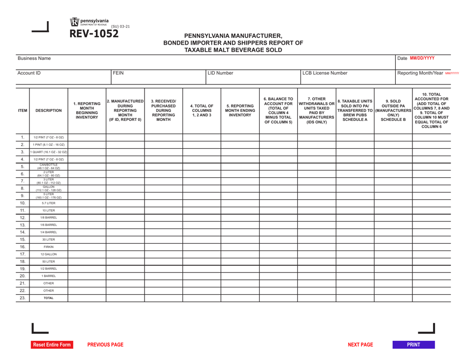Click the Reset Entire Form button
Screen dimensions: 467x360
pyautogui.click(x=52, y=345)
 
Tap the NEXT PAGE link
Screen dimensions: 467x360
pyautogui.click(x=361, y=345)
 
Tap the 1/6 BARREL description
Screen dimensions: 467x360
pyautogui.click(x=48, y=224)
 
